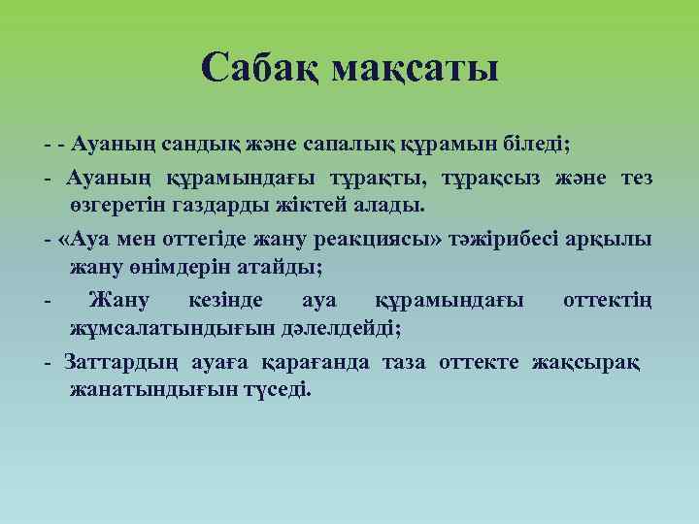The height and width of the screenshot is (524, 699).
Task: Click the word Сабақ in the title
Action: [x=259, y=69]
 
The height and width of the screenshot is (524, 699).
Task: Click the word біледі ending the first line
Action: [x=538, y=146]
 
